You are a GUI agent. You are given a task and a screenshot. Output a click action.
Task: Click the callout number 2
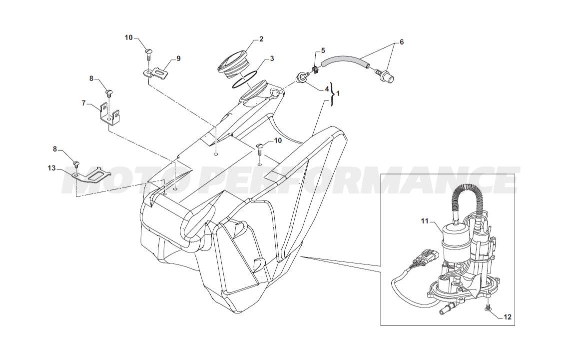[261, 39]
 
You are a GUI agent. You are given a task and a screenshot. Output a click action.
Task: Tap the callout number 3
[272, 58]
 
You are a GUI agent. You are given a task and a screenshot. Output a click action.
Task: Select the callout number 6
[401, 42]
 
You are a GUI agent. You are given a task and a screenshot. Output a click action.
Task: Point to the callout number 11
[425, 221]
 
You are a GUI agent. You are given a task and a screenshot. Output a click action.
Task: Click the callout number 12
[508, 317]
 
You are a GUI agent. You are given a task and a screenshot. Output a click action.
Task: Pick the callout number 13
[51, 168]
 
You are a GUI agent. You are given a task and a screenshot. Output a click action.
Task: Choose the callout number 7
[84, 103]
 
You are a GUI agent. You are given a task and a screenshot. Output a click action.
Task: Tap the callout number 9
[178, 58]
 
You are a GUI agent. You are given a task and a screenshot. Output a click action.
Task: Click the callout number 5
[323, 50]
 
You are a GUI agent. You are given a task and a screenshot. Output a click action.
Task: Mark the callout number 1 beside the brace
[338, 89]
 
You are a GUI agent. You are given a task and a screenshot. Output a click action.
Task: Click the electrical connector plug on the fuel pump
[427, 256]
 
